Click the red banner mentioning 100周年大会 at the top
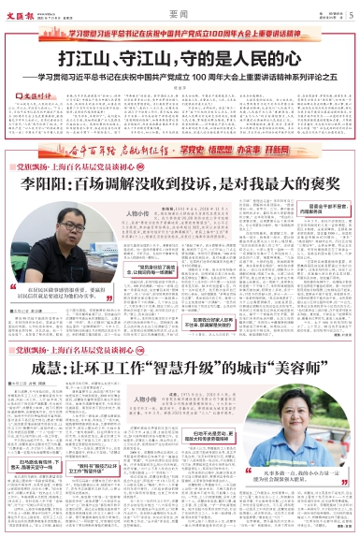[180, 30]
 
